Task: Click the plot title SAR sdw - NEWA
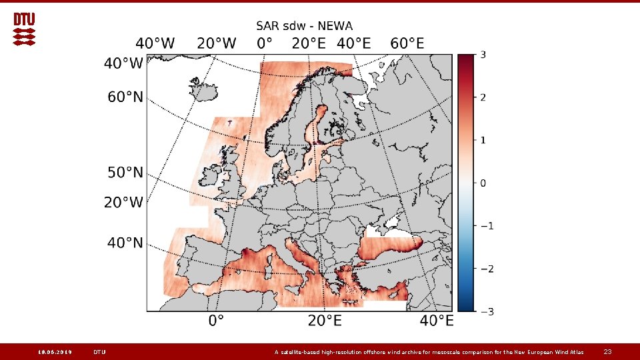305,26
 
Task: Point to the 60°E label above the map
407,44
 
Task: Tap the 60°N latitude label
125,97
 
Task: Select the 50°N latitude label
125,173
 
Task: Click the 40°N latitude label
125,243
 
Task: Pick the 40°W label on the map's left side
123,64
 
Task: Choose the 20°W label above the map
216,44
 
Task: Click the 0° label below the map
216,321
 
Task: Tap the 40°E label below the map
436,321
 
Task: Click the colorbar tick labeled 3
483,54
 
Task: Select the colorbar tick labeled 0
483,183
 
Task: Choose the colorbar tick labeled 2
483,97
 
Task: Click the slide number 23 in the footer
607,351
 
